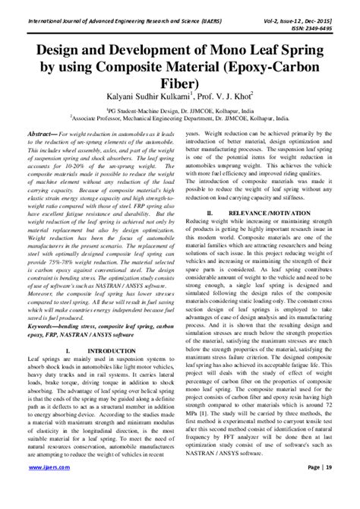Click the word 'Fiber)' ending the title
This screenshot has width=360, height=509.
[x=179, y=82]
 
